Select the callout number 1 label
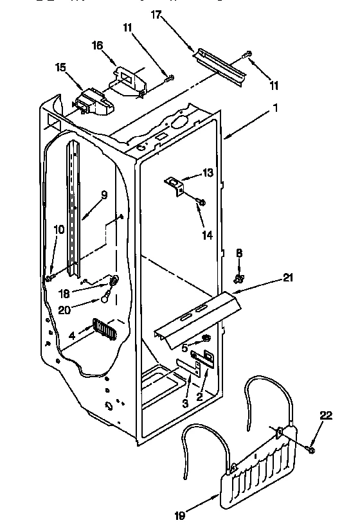pyautogui.click(x=276, y=109)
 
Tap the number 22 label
pyautogui.click(x=327, y=416)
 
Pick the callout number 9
pyautogui.click(x=104, y=195)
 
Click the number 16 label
pyautogui.click(x=98, y=45)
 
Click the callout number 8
pyautogui.click(x=239, y=254)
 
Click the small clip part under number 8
pyautogui.click(x=239, y=278)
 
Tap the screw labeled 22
pyautogui.click(x=312, y=449)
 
